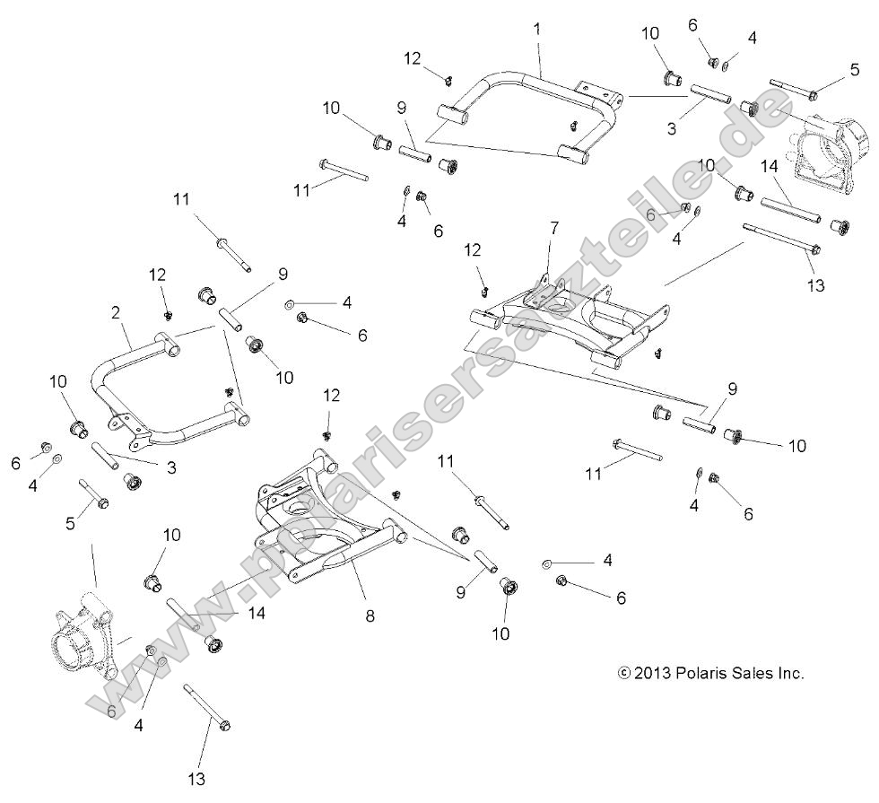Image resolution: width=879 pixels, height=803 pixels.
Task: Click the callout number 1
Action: [536, 29]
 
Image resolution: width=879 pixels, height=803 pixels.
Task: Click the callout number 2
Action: [116, 312]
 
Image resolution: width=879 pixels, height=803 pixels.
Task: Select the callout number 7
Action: [553, 228]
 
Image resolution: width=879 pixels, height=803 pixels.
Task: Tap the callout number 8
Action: [370, 616]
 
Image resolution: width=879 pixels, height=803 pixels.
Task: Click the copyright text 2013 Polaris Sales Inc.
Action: [710, 673]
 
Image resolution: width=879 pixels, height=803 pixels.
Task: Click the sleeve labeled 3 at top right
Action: [711, 95]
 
